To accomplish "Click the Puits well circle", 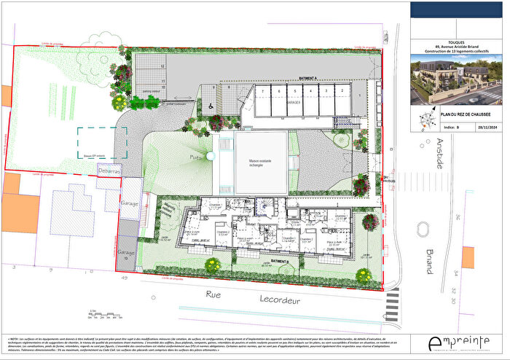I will [208, 157].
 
